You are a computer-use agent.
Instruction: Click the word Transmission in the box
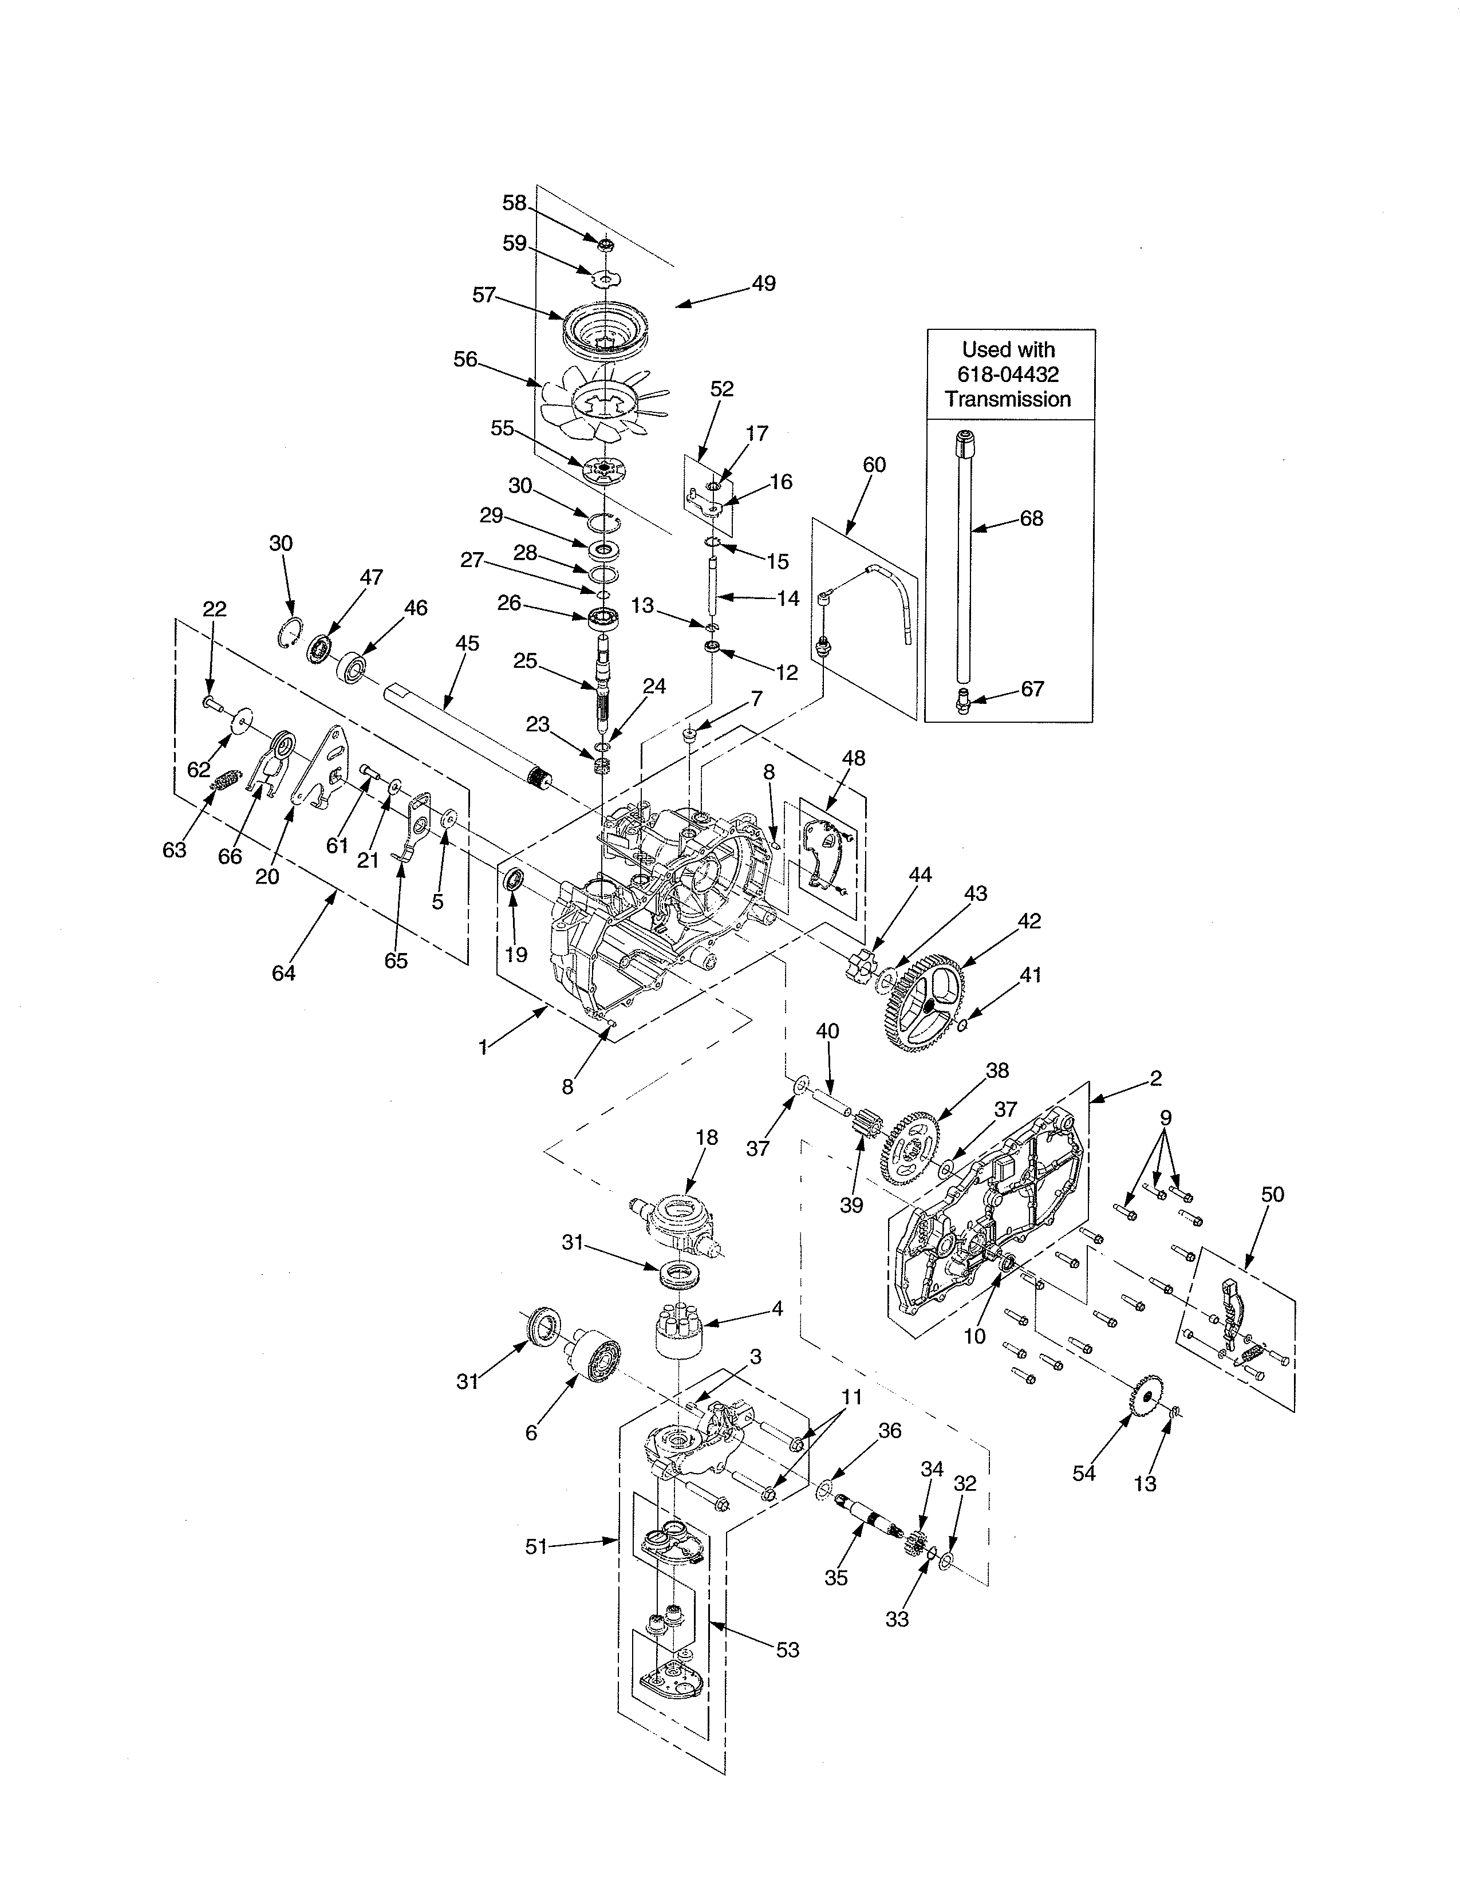[1008, 399]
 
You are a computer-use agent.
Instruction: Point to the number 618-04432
[1008, 375]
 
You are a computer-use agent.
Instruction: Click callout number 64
[283, 972]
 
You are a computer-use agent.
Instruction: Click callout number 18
[706, 1137]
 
